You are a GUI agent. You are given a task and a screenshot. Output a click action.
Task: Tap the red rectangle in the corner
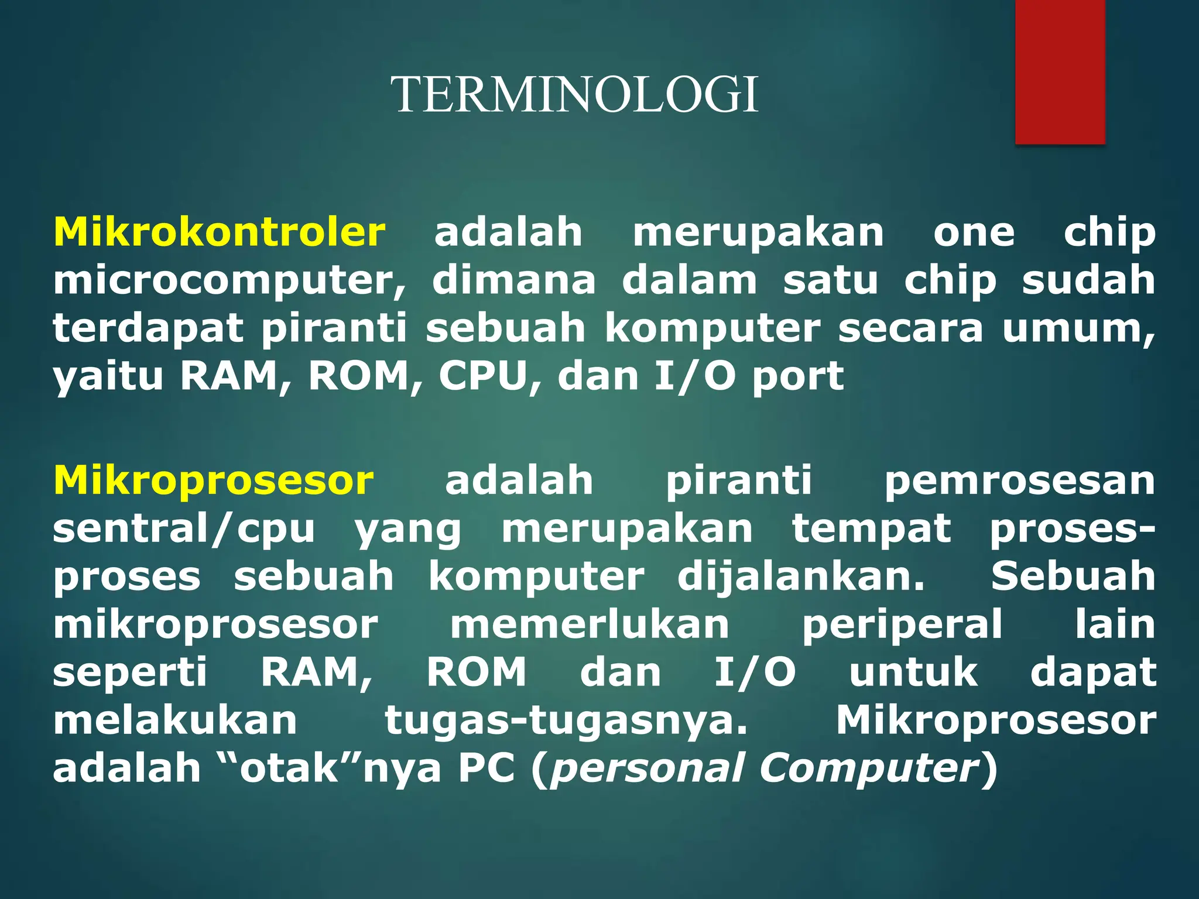click(1060, 71)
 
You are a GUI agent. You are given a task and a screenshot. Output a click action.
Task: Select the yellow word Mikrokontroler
click(220, 232)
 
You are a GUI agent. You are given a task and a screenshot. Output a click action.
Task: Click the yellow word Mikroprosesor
click(214, 481)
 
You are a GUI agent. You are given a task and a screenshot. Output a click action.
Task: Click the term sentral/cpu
click(184, 530)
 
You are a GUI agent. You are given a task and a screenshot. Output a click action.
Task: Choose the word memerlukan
click(590, 625)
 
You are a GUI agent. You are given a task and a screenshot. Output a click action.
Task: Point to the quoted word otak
click(289, 768)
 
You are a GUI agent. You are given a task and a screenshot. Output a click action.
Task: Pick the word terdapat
click(148, 329)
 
